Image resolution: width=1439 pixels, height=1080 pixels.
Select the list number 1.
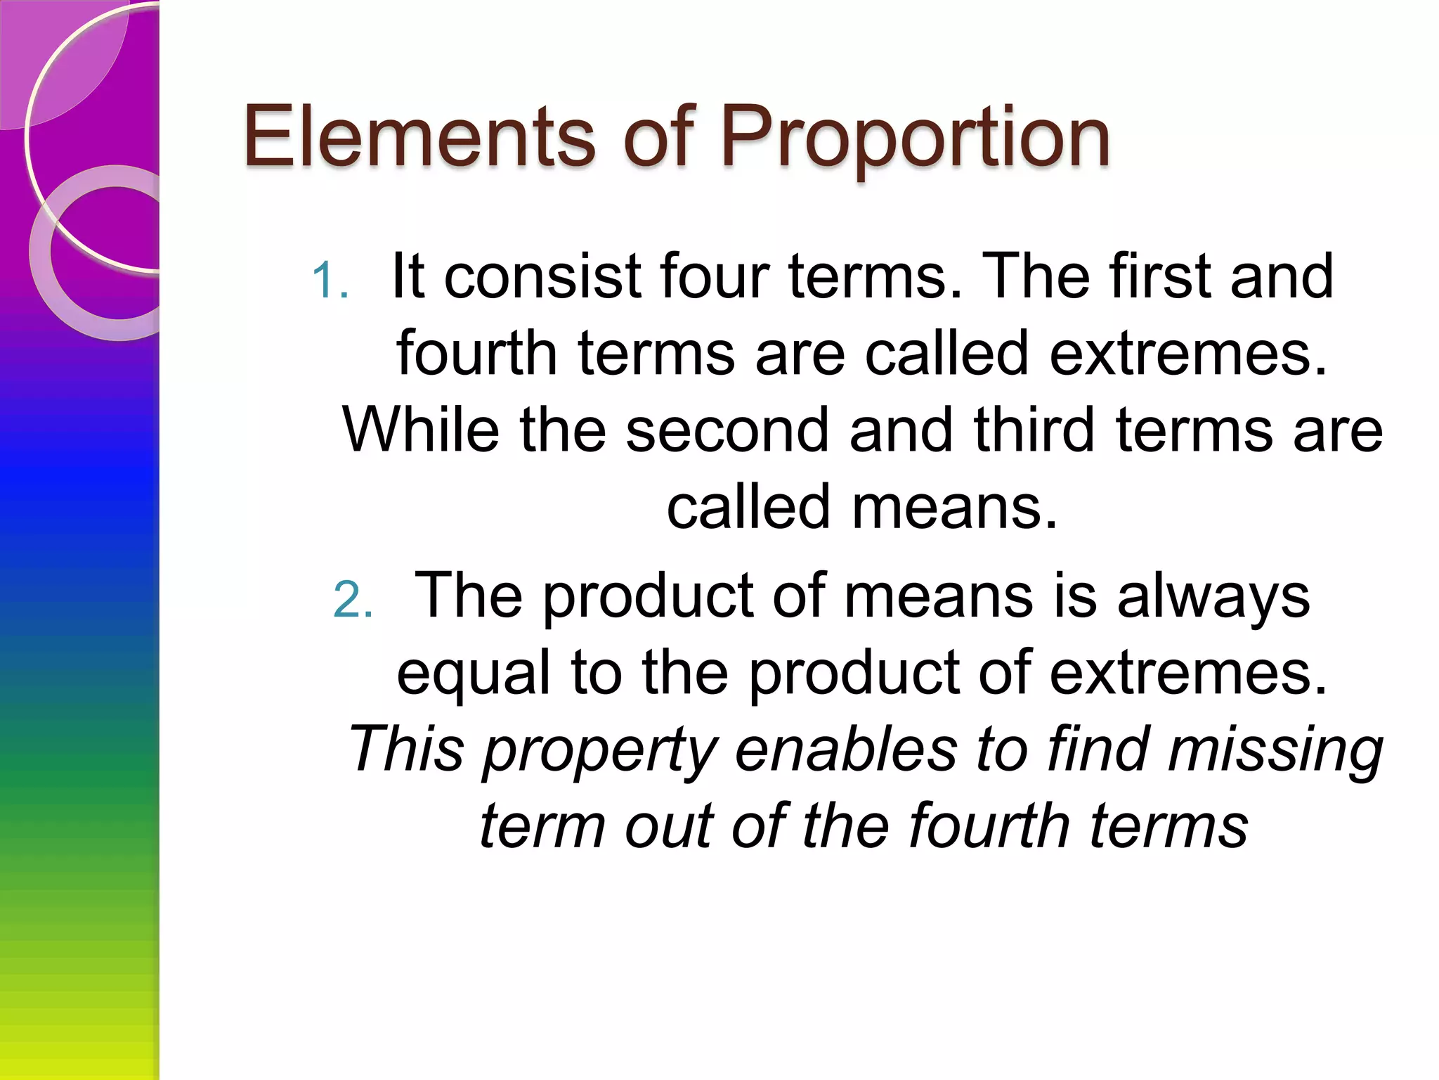pyautogui.click(x=330, y=281)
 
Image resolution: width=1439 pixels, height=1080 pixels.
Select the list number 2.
pyautogui.click(x=352, y=600)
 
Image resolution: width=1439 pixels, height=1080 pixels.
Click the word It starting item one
pyautogui.click(x=408, y=276)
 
